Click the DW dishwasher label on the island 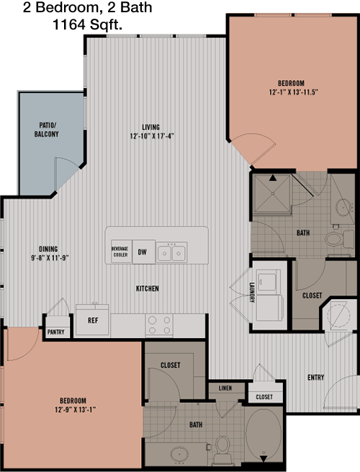pos(143,252)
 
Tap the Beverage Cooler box pos(121,251)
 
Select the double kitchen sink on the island pos(171,252)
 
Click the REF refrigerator pos(92,320)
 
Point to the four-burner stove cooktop pos(159,325)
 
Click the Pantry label pos(56,332)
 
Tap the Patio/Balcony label pos(46,130)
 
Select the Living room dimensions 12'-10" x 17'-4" pos(152,136)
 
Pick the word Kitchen pos(148,288)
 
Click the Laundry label pos(252,292)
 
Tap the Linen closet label pos(225,388)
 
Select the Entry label pos(316,377)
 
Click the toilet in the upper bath pos(340,239)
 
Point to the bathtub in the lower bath pos(264,434)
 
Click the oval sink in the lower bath pos(179,454)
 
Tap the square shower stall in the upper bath pos(272,194)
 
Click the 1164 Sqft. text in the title pos(88,25)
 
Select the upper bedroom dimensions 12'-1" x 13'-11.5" pos(293,92)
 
